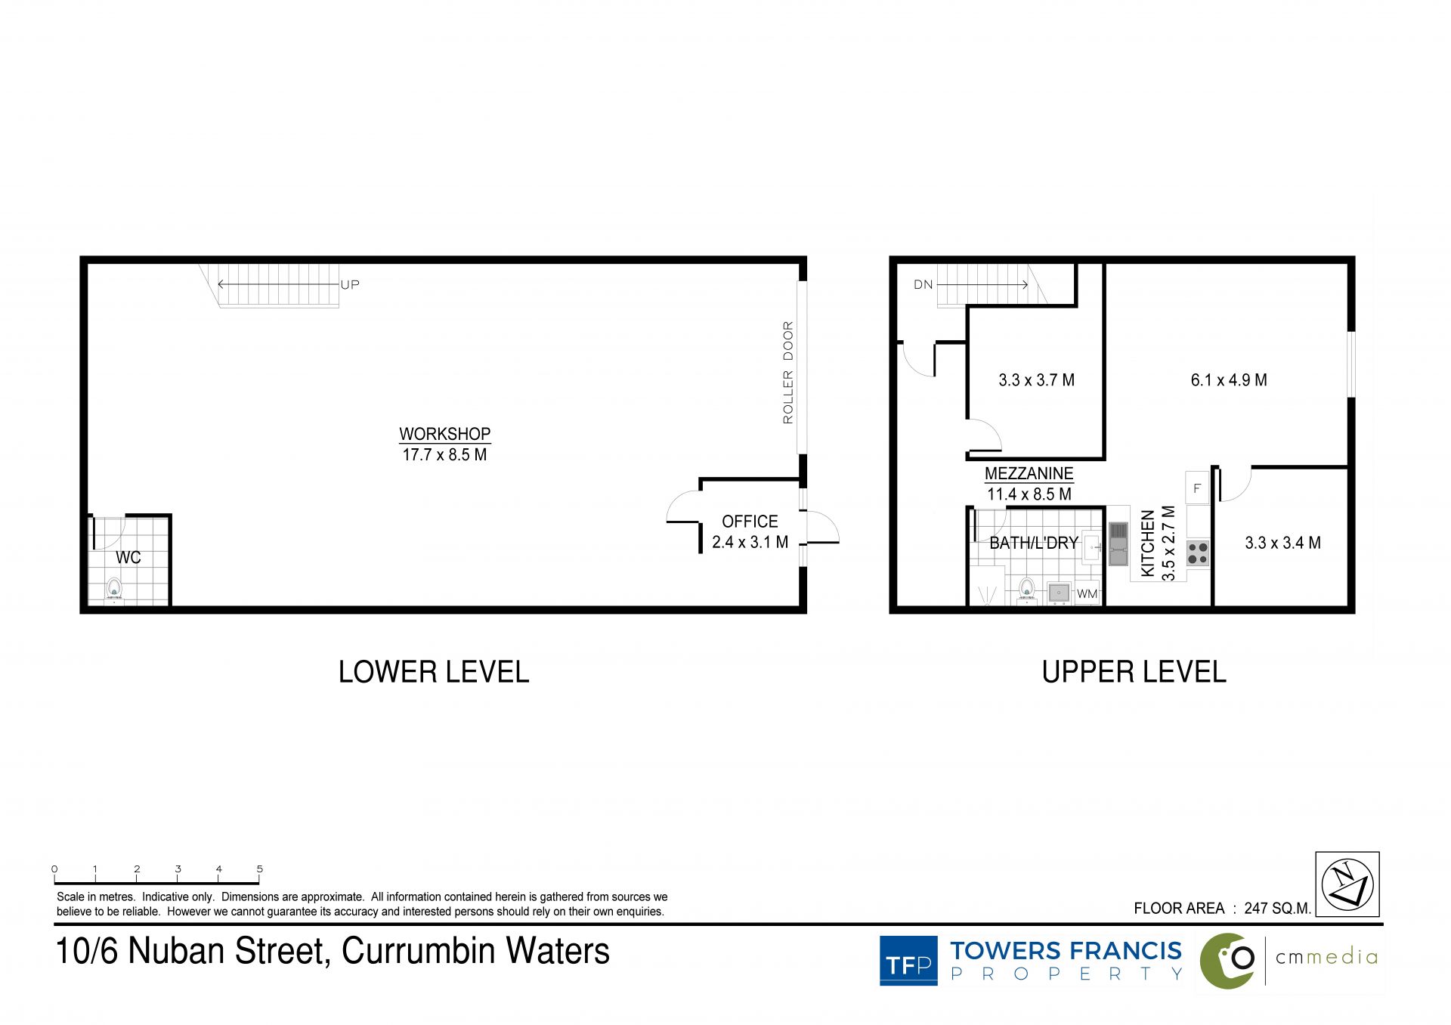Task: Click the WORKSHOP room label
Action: tap(444, 434)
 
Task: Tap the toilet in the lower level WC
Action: tap(114, 590)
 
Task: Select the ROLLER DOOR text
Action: tap(788, 373)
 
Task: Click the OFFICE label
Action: tap(750, 522)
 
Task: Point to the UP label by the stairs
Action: tap(350, 285)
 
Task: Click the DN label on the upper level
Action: tap(924, 285)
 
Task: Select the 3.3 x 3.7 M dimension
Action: tap(1037, 380)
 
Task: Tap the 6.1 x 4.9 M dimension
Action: tap(1229, 380)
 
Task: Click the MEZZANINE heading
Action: tap(1029, 474)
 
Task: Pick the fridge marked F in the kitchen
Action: tap(1197, 488)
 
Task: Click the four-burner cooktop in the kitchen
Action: tap(1197, 553)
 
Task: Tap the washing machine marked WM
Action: tap(1087, 593)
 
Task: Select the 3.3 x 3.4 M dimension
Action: tap(1282, 543)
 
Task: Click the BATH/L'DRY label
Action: tap(1034, 543)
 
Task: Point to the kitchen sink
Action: tap(1118, 544)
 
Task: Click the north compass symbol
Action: tap(1347, 884)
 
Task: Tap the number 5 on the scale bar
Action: tap(260, 869)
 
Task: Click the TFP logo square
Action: tap(908, 961)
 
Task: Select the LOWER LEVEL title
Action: tap(434, 672)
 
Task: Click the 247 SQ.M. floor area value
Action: tap(1278, 909)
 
